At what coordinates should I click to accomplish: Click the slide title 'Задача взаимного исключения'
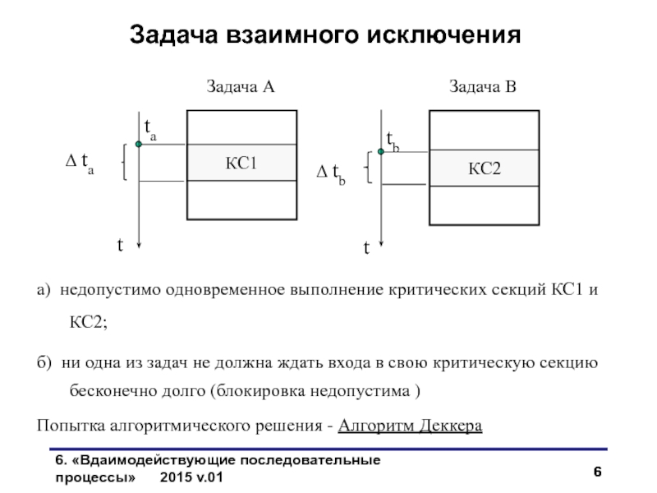325,36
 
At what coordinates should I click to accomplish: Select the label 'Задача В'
482,86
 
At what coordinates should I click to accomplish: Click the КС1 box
241,163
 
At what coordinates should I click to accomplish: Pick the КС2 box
485,168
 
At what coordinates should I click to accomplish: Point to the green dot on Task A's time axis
139,145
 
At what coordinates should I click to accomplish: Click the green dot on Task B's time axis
381,151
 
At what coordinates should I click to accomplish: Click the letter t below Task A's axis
120,244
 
